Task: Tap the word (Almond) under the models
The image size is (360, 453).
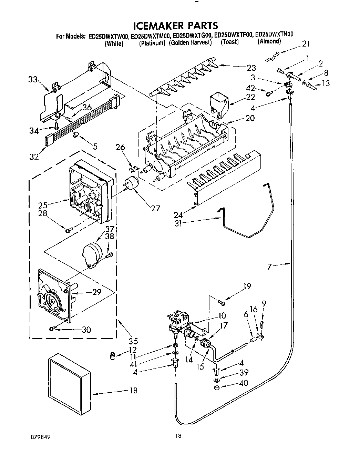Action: click(x=269, y=42)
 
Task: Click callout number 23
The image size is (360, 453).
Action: click(x=251, y=68)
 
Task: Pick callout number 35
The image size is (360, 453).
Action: click(x=133, y=341)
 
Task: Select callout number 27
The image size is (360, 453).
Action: click(x=155, y=209)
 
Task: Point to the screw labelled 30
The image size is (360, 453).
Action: click(x=52, y=329)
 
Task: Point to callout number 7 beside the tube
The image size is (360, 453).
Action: click(x=269, y=265)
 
